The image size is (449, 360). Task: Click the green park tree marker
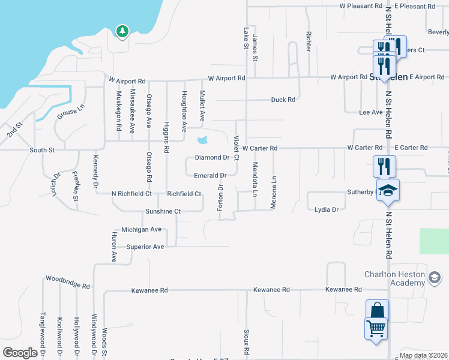point(122,31)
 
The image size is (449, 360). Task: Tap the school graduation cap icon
point(388,190)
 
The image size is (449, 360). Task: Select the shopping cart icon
point(376,329)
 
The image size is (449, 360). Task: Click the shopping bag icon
point(377,310)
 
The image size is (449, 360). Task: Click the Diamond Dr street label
point(212,158)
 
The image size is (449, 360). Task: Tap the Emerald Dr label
point(209,176)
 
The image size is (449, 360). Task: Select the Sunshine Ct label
point(163,211)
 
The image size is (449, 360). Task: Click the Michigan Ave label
point(142,229)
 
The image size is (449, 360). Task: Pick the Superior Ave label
point(145,247)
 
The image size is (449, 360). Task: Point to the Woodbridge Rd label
point(68,279)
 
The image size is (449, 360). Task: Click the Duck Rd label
point(283,100)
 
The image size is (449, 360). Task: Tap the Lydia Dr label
point(327,209)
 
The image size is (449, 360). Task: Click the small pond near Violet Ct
point(201,141)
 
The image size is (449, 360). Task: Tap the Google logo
point(20,353)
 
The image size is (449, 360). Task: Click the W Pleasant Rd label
point(361,6)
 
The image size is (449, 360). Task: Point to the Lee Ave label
point(370,112)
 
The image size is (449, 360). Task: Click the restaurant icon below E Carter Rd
point(384,166)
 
